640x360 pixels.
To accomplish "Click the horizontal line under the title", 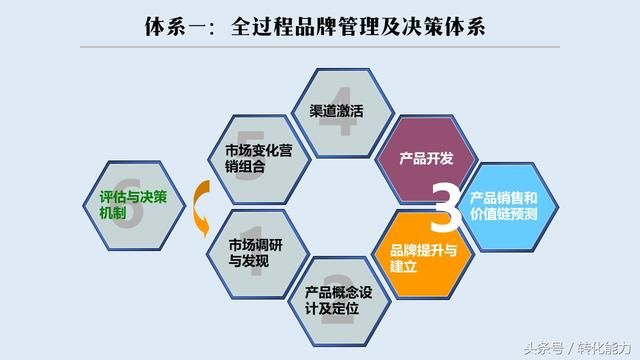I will [320, 47].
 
